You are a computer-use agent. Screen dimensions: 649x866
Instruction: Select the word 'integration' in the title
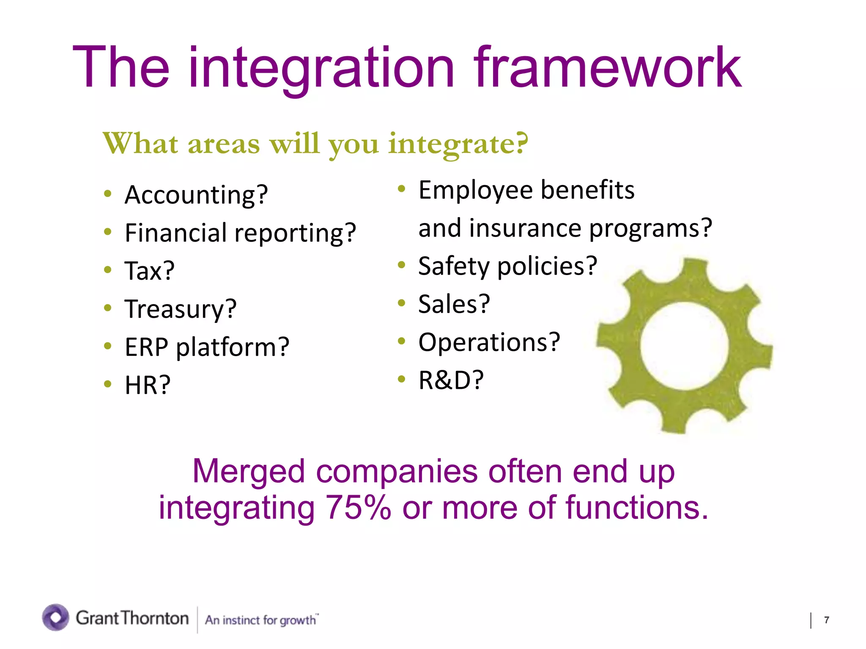pos(321,68)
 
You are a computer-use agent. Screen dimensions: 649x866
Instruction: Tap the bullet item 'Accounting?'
pos(196,195)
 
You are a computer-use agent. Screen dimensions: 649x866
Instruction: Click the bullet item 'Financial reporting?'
pos(240,233)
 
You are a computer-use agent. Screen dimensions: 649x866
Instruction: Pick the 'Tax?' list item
pos(149,271)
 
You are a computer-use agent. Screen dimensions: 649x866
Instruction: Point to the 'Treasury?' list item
pos(181,309)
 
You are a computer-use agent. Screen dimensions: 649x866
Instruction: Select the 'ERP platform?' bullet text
pos(207,347)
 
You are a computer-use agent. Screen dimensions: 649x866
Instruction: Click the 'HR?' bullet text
pos(148,385)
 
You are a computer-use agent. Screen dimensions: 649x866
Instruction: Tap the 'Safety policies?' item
pos(507,266)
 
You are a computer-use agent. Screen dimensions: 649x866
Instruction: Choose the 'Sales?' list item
pos(454,304)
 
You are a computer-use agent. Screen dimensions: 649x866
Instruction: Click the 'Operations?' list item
pos(489,342)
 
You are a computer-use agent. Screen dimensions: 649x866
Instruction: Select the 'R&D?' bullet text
pos(451,380)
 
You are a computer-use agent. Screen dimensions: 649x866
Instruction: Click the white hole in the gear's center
pos(684,346)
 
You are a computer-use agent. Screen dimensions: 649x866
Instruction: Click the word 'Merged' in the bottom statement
pos(248,471)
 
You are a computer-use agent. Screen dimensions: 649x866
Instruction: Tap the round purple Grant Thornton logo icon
pos(55,617)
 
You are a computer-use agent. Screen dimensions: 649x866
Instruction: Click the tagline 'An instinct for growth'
pos(261,620)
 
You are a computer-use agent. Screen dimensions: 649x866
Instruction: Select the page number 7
pos(826,620)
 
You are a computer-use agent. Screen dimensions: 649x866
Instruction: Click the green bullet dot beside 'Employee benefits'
pos(402,189)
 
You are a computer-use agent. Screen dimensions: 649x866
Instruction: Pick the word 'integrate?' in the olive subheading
pos(458,144)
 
